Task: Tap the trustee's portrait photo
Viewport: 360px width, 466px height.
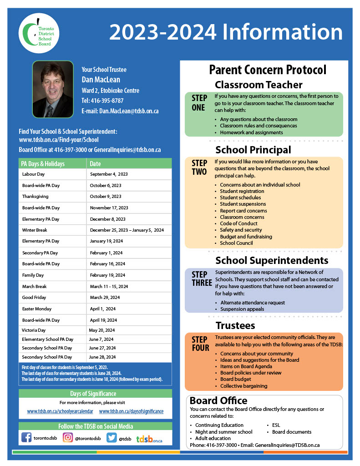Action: tap(53, 89)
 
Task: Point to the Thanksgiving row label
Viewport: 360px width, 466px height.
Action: tap(35, 197)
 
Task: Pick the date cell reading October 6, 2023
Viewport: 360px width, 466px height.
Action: tap(106, 186)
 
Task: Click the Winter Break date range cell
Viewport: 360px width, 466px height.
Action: tap(127, 230)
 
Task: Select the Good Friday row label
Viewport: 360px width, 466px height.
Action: tap(35, 298)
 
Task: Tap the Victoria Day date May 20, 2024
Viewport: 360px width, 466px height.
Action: tap(101, 330)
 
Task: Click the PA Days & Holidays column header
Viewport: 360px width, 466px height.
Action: tap(43, 164)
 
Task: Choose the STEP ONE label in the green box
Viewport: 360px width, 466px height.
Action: tap(199, 103)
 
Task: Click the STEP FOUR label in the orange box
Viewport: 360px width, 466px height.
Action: tap(200, 344)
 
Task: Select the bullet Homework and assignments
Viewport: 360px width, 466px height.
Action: tap(251, 132)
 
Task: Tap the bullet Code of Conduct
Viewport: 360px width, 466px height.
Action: tap(238, 223)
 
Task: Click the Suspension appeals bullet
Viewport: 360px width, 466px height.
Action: tap(242, 309)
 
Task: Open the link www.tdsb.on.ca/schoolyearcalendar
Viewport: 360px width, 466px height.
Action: tap(60, 411)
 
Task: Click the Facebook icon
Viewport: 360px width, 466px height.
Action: tap(26, 438)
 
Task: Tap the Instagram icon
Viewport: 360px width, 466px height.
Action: tap(68, 438)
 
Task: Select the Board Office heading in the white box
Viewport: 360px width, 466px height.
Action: tap(218, 401)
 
